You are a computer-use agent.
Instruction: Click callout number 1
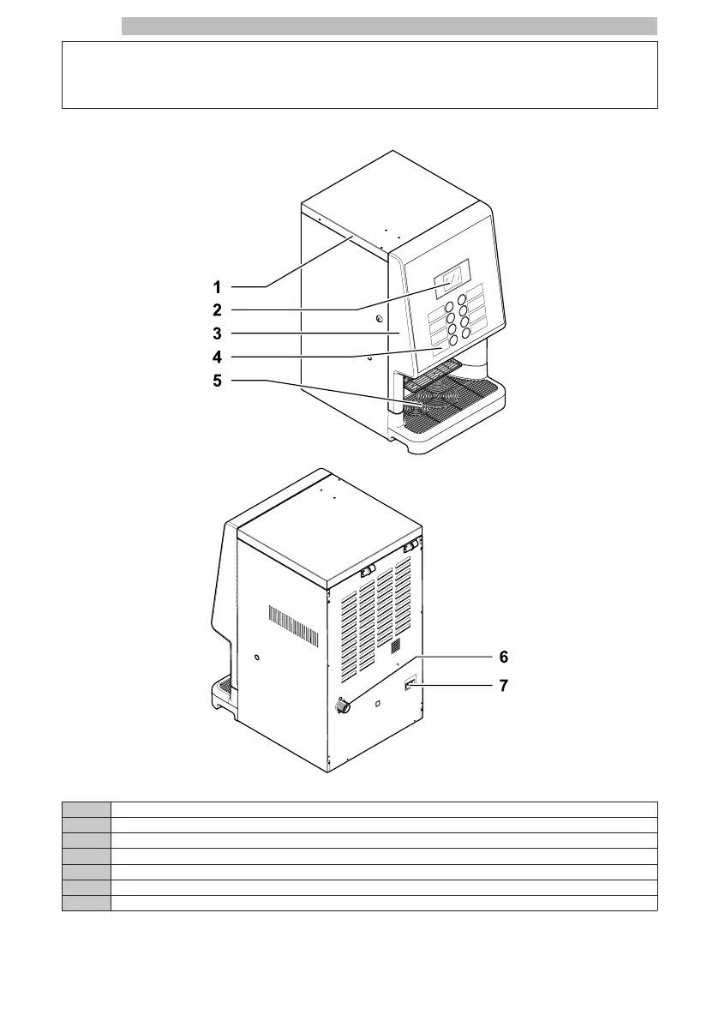219,286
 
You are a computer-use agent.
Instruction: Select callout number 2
219,309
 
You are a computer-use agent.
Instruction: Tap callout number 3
219,333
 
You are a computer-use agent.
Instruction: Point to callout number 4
219,357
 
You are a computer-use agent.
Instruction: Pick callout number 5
219,381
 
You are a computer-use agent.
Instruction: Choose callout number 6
504,657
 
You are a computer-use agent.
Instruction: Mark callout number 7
504,687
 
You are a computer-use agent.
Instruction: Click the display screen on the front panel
451,277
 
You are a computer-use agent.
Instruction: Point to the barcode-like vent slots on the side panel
294,626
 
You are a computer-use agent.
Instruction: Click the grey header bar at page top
389,27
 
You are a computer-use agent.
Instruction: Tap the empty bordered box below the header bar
359,75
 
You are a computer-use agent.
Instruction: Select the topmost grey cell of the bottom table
87,808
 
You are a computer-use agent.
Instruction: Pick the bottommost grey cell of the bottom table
87,902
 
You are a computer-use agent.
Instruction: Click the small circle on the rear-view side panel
257,659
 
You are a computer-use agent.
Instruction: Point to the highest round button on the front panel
462,300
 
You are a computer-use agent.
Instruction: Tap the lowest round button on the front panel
453,339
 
